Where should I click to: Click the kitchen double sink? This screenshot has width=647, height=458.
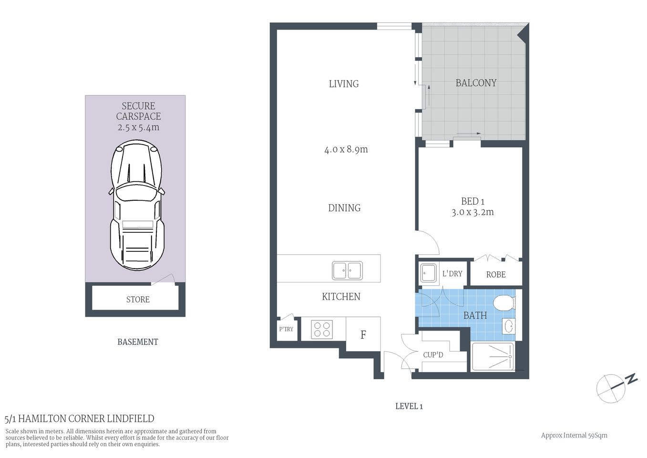[x=347, y=271]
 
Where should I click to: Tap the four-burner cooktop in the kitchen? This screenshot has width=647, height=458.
[x=322, y=329]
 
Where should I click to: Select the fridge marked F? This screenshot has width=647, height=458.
[x=363, y=334]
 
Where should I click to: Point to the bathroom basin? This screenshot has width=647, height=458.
[x=509, y=326]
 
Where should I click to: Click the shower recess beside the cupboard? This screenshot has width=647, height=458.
[x=493, y=357]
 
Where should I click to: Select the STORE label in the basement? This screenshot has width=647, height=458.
[x=138, y=300]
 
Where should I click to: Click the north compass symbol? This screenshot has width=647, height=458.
[x=612, y=388]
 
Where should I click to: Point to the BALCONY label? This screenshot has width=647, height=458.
[x=476, y=83]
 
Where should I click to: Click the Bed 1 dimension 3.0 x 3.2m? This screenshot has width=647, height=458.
[x=472, y=212]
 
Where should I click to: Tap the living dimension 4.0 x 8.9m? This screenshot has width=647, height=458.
[x=346, y=149]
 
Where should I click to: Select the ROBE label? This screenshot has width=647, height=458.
[x=496, y=275]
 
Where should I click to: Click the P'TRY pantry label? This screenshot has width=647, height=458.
[x=286, y=329]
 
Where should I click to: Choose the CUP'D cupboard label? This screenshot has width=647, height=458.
[x=433, y=355]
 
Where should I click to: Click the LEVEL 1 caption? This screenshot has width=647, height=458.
[x=409, y=406]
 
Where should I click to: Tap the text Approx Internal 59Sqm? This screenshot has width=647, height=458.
[x=574, y=435]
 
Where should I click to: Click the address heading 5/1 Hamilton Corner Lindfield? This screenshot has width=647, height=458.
[x=80, y=419]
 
